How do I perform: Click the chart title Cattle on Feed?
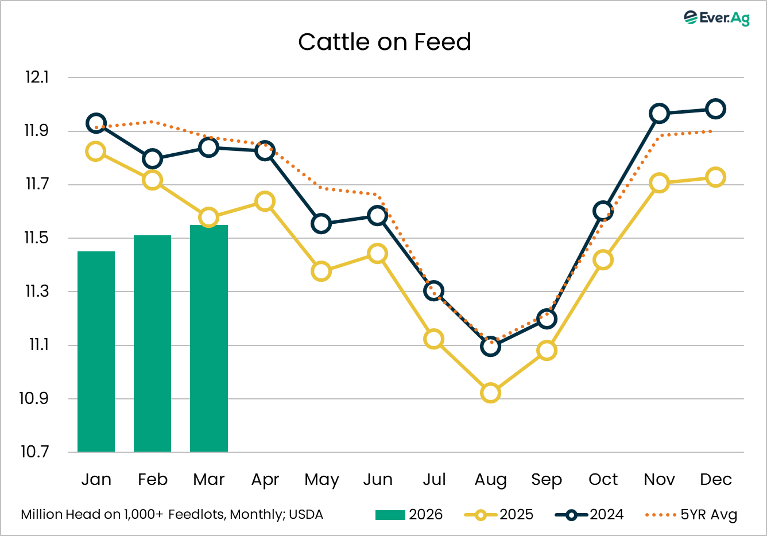point(385,42)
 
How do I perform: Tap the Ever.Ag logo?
point(716,18)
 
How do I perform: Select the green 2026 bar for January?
point(96,351)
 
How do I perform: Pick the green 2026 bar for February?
point(152,343)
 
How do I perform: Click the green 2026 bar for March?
point(209,338)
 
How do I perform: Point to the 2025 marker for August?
point(490,393)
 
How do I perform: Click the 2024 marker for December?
point(715,108)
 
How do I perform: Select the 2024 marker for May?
point(321,224)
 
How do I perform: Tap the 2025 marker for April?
point(265,201)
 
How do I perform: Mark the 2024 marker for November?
point(659,114)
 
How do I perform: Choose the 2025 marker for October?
point(603,260)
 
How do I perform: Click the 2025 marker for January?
point(95,152)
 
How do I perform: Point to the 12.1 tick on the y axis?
point(37,77)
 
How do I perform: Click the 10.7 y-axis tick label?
point(36,452)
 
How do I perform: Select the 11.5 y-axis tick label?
point(36,238)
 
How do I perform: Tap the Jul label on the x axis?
point(434,479)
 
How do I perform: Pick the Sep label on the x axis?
point(547,479)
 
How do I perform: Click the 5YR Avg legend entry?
point(691,515)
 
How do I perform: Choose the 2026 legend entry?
point(409,515)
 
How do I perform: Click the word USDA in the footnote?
point(306,515)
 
